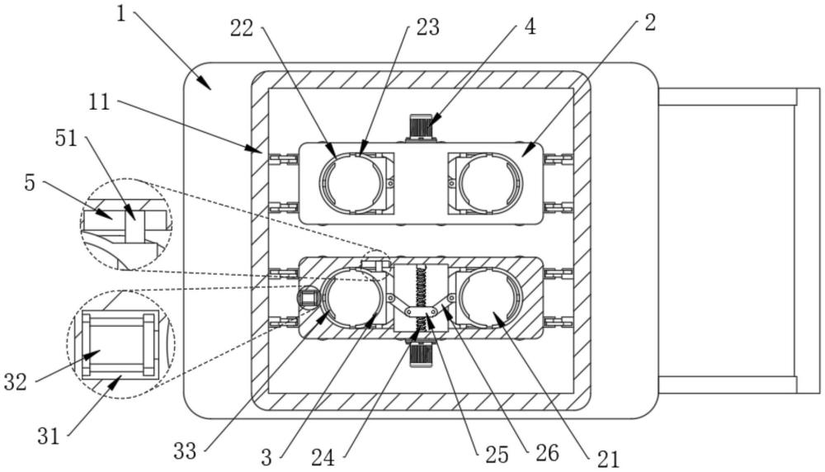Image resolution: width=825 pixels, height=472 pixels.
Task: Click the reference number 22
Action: (242, 28)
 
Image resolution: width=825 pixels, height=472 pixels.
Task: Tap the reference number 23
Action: (427, 27)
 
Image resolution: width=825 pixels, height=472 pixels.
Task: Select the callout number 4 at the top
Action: (530, 26)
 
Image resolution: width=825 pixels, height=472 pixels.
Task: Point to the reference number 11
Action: (99, 101)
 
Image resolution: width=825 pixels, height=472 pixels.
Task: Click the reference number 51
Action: (66, 139)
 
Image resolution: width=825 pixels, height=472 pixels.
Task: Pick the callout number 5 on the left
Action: (30, 183)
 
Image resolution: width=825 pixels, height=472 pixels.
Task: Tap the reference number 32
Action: (15, 381)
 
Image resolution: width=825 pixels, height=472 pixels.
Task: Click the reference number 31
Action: (49, 436)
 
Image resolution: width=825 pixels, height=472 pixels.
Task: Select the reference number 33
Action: (185, 451)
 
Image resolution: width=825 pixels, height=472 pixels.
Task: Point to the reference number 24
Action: (323, 457)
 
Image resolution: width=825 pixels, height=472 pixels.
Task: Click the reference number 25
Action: (497, 455)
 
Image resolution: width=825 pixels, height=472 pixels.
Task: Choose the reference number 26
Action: (547, 452)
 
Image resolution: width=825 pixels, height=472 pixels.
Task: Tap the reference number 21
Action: (608, 460)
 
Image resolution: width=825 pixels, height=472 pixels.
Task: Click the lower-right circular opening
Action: (490, 297)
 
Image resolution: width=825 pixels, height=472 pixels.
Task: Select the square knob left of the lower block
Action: (307, 300)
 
